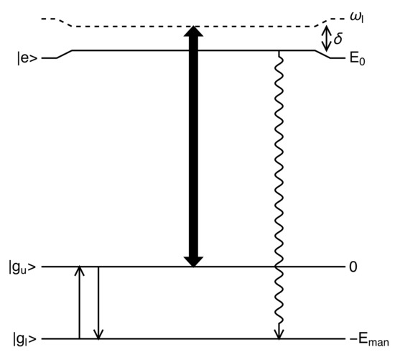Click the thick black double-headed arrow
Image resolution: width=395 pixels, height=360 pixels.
pyautogui.click(x=192, y=147)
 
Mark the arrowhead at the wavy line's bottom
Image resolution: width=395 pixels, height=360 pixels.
pyautogui.click(x=277, y=333)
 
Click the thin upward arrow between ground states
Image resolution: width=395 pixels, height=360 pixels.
pyautogui.click(x=80, y=302)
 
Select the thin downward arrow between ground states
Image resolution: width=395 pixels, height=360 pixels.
pyautogui.click(x=98, y=302)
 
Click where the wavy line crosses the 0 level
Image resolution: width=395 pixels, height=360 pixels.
pyautogui.click(x=277, y=267)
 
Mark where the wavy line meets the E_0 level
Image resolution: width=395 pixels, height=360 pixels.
pyautogui.click(x=277, y=51)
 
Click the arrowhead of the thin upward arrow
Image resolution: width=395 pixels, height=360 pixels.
pyautogui.click(x=80, y=271)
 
